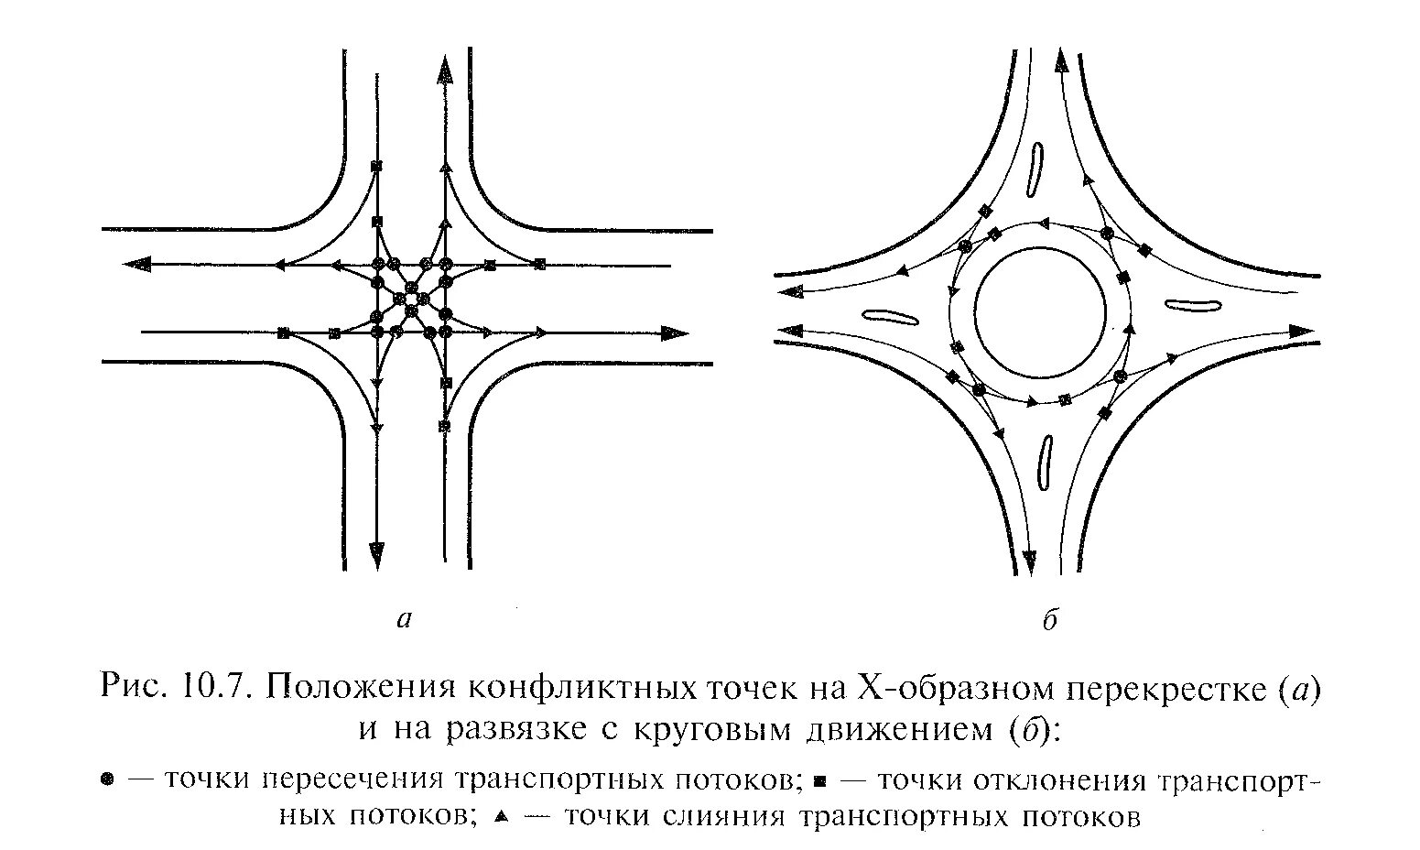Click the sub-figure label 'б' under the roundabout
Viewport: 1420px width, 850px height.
click(1051, 620)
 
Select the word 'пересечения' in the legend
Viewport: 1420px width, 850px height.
click(352, 780)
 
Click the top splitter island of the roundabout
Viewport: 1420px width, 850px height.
click(1037, 169)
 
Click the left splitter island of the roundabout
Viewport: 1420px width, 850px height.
click(892, 317)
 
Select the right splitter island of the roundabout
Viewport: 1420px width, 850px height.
click(1191, 307)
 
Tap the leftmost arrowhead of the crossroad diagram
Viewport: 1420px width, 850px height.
click(136, 265)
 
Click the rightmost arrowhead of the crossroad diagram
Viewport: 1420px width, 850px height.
click(676, 332)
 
